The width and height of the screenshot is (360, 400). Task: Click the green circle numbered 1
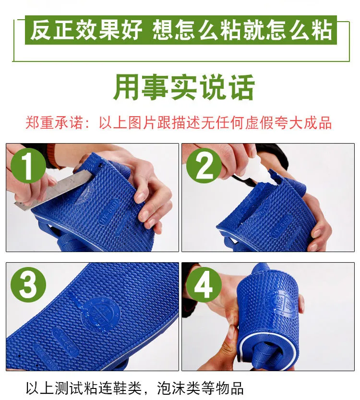tap(28, 166)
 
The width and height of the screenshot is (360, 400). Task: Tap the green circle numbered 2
tap(204, 166)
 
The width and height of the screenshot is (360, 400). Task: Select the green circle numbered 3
tap(28, 285)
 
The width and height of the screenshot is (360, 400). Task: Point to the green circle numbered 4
tap(204, 285)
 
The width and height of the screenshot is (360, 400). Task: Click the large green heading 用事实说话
tap(184, 87)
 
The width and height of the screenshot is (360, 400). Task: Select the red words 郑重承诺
tap(54, 123)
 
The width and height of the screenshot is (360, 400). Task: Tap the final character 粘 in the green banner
tap(322, 30)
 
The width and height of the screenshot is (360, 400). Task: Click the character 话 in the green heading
tap(242, 87)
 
